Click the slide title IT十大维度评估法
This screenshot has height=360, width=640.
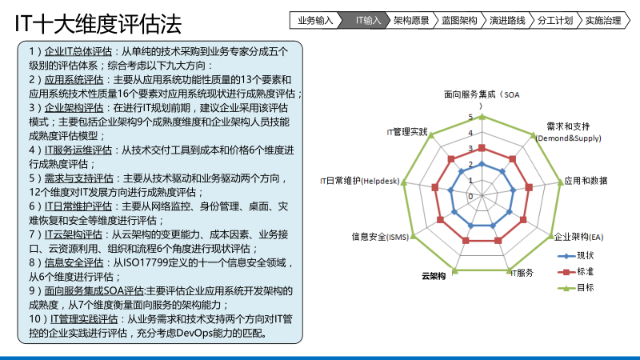[x=98, y=25]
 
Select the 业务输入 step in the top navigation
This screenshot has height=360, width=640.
[x=315, y=20]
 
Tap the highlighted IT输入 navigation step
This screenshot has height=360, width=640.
[x=368, y=20]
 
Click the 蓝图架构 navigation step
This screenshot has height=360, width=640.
[x=459, y=20]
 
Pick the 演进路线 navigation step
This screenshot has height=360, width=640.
[x=507, y=20]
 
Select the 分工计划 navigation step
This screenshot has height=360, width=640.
[x=555, y=20]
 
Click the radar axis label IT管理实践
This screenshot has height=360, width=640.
[x=407, y=131]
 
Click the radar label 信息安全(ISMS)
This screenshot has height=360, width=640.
[x=380, y=237]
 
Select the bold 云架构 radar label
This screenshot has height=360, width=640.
[x=434, y=276]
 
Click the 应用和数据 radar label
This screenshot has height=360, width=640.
[x=585, y=181]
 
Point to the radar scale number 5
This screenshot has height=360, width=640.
[x=471, y=118]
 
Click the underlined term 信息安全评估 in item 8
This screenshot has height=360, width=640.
[x=74, y=262]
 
